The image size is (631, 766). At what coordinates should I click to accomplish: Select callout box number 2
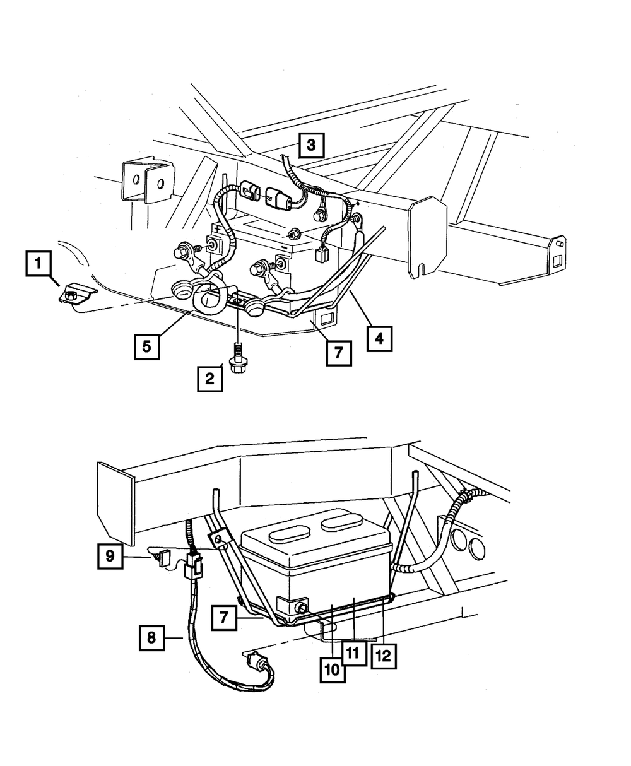click(209, 379)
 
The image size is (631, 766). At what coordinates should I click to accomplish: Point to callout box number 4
click(379, 338)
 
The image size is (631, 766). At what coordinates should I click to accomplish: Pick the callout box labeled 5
click(146, 346)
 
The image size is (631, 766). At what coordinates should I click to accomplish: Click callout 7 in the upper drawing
click(339, 353)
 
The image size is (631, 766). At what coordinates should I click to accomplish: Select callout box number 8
click(151, 637)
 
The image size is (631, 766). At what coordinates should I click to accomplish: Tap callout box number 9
click(110, 556)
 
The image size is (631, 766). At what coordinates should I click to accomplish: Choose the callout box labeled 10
click(332, 669)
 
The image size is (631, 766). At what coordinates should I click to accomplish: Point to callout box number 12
click(384, 654)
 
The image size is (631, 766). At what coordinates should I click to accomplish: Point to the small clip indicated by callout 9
click(166, 557)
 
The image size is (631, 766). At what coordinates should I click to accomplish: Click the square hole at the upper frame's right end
click(557, 261)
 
